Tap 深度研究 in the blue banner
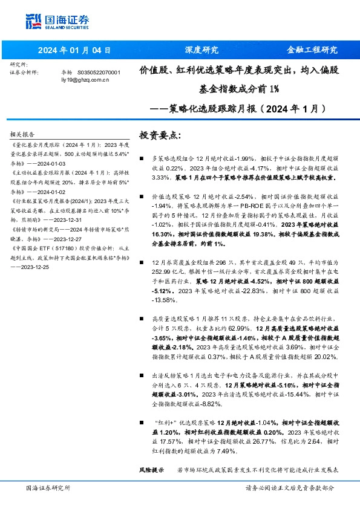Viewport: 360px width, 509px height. point(201,50)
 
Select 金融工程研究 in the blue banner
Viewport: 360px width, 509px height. point(312,50)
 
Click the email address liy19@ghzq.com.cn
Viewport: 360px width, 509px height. point(84,80)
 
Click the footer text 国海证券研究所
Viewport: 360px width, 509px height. point(48,488)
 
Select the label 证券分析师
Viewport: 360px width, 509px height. point(25,72)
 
